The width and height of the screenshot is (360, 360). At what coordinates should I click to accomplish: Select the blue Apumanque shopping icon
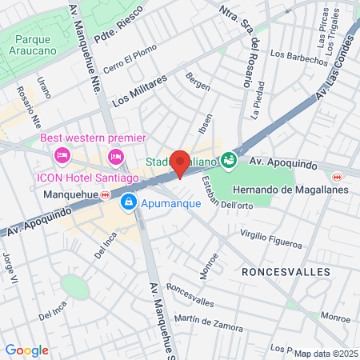pos(128,203)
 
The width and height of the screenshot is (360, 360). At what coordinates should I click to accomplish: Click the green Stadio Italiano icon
pos(230,160)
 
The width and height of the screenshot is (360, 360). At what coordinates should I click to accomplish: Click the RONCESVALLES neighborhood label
pos(286,272)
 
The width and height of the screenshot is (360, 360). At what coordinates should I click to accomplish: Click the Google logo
pos(26,350)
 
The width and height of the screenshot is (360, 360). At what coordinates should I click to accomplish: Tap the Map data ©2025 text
pos(325,354)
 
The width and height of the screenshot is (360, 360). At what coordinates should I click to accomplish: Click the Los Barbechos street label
pos(298,56)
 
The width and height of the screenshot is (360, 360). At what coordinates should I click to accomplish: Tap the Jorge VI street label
pos(10,263)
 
